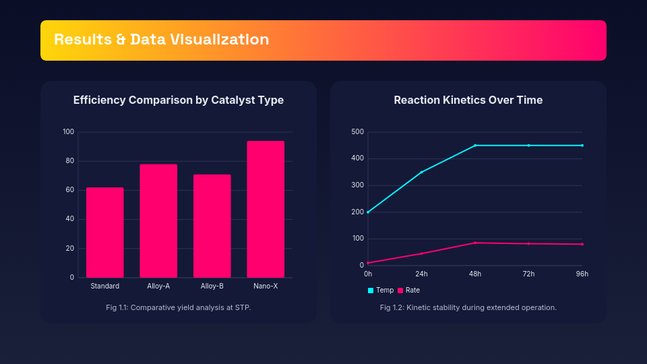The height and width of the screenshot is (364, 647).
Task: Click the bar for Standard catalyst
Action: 104,233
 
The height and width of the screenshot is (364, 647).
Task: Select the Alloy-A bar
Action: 158,220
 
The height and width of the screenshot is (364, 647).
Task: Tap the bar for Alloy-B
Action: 212,226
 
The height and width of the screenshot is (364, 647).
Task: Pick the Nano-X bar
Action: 266,209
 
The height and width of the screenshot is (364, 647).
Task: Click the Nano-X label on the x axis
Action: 266,286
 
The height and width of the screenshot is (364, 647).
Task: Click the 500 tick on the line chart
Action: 357,131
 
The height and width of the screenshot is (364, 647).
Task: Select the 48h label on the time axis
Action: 475,274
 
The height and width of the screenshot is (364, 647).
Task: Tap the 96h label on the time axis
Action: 582,274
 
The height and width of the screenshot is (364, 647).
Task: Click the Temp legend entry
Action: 381,290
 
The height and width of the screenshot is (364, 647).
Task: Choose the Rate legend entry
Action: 409,290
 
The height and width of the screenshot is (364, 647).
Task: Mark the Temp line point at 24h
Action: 421,173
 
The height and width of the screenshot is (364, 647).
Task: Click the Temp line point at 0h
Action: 368,212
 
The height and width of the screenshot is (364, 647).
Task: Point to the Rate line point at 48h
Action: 475,243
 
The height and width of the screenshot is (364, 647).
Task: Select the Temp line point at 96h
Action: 582,146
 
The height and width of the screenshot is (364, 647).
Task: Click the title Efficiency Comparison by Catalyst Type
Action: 179,100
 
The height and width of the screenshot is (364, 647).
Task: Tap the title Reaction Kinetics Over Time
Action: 468,100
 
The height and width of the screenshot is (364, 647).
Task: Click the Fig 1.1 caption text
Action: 179,307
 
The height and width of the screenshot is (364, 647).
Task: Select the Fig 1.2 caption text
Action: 468,307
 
